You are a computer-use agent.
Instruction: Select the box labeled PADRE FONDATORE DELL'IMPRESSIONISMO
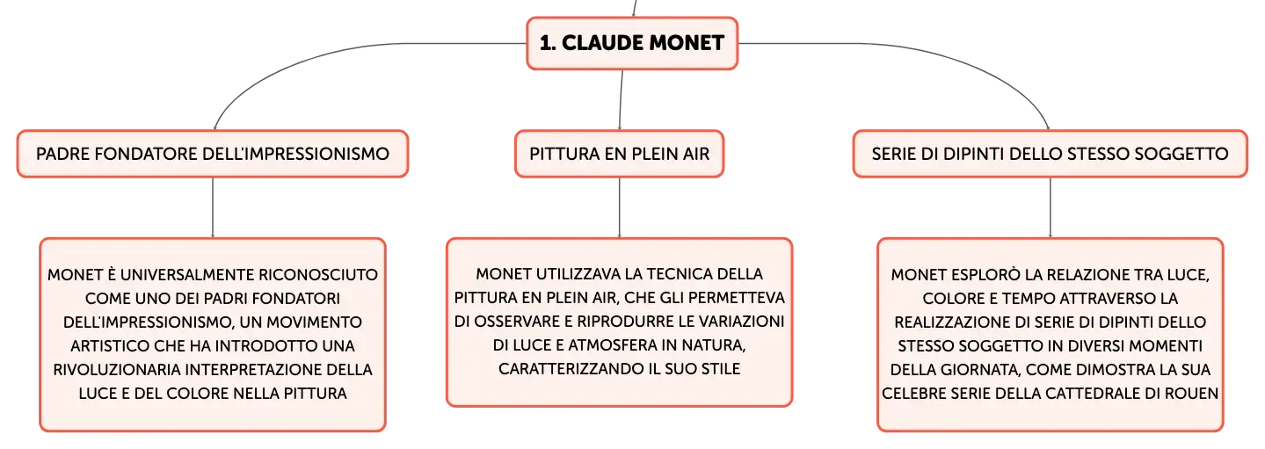click(x=213, y=154)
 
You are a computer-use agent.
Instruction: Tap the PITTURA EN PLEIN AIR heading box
click(x=619, y=154)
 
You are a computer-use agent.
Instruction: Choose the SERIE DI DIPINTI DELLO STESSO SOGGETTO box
click(x=1050, y=154)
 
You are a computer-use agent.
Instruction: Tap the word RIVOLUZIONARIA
click(x=117, y=369)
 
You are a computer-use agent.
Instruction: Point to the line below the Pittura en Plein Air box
click(x=620, y=208)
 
